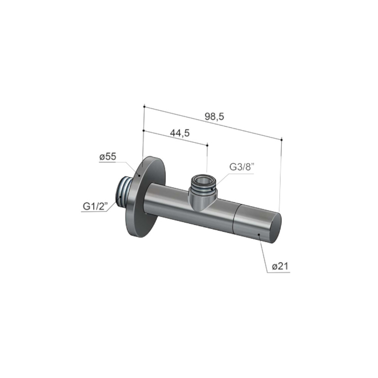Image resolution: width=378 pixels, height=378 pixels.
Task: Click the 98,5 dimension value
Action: point(214,117)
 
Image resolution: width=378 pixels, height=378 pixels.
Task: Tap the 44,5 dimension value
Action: point(180,133)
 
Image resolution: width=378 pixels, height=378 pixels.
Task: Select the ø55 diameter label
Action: point(108,157)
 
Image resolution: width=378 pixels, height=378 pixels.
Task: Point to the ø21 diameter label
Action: point(280,266)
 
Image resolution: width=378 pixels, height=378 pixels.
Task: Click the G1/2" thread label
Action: point(95,206)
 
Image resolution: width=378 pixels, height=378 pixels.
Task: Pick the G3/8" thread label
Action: point(242,167)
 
